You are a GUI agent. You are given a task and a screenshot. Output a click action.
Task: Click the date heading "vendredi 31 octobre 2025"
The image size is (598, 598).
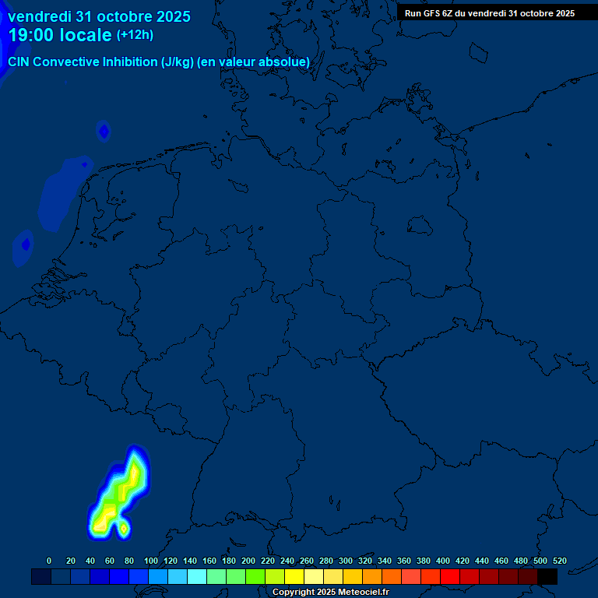click(x=99, y=16)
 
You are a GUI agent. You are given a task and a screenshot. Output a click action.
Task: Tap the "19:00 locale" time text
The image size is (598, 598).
click(x=60, y=35)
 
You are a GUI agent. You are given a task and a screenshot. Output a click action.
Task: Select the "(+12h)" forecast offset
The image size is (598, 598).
click(x=135, y=35)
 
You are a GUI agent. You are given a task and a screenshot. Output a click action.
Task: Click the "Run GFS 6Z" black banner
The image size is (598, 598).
click(x=489, y=13)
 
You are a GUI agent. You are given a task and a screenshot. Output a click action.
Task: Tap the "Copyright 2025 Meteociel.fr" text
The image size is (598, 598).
click(x=330, y=593)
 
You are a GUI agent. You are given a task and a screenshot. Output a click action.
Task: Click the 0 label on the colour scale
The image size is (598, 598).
click(x=49, y=561)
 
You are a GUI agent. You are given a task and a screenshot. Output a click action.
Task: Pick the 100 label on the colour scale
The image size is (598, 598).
click(x=151, y=561)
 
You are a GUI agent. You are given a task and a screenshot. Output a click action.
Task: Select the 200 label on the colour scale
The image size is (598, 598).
click(x=248, y=561)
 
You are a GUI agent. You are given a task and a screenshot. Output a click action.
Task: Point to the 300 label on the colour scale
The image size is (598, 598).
click(x=346, y=561)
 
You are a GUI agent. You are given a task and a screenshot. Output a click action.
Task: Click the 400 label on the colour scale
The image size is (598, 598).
click(x=443, y=561)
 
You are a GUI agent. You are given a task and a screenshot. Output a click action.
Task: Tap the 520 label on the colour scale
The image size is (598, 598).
click(x=559, y=561)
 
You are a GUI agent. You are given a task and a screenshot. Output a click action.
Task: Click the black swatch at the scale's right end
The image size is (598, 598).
click(x=547, y=576)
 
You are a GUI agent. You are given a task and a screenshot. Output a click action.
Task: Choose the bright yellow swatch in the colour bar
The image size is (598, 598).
click(x=294, y=576)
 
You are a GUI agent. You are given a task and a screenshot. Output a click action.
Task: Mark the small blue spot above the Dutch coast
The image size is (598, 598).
click(x=104, y=132)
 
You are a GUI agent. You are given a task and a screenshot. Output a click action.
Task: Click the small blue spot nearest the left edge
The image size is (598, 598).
click(x=25, y=244)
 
